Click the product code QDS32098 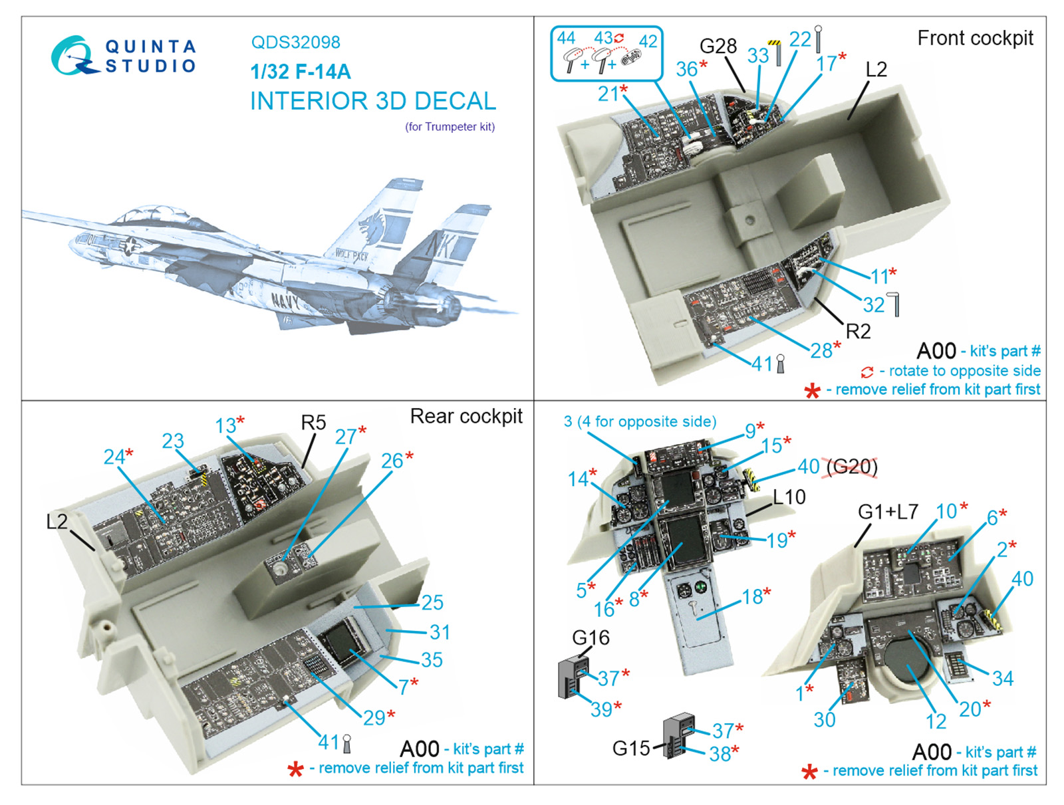295,43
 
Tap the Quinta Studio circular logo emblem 72,55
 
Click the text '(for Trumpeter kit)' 450,126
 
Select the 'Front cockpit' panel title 975,39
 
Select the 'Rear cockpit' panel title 466,416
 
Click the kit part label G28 718,46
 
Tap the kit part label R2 858,330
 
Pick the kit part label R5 313,423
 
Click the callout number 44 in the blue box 566,38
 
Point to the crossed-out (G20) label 852,467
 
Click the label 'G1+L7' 888,511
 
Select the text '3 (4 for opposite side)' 640,421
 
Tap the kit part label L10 789,497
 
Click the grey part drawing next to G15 678,735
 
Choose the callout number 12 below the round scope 935,721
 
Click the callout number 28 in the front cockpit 821,350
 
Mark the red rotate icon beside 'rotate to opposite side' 867,372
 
